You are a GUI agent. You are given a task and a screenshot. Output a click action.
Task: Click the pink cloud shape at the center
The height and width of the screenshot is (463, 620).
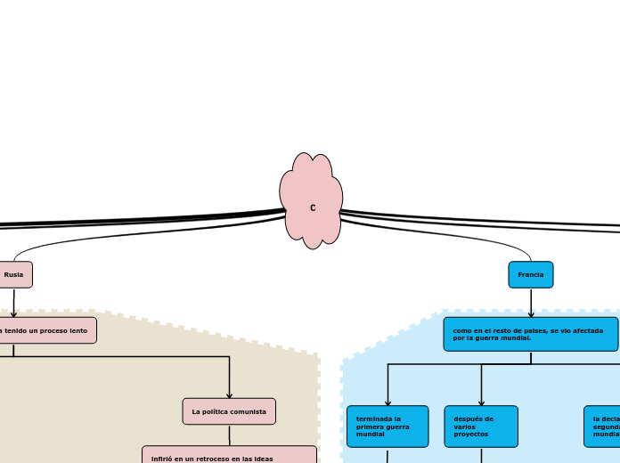(311, 201)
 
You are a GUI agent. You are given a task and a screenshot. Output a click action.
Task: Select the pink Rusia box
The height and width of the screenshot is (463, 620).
(14, 274)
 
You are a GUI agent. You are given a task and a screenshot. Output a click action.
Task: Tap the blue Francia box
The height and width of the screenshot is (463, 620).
(531, 274)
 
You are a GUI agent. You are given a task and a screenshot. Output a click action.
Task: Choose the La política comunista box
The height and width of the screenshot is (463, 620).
(229, 411)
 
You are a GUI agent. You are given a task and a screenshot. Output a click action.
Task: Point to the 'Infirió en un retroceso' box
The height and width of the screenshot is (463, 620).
(229, 456)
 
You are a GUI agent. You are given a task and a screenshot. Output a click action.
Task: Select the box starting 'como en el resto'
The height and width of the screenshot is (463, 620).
(530, 334)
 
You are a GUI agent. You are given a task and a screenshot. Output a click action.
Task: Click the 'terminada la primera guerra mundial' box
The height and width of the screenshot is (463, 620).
(387, 426)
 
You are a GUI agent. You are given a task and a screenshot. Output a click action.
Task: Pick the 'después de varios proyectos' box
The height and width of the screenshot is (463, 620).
(481, 426)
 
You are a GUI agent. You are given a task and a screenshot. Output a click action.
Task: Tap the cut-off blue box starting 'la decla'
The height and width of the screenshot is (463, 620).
(603, 426)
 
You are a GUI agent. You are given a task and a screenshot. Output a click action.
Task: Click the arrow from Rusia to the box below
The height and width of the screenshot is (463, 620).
(13, 303)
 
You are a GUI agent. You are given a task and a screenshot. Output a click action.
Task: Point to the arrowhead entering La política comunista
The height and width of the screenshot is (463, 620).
(229, 395)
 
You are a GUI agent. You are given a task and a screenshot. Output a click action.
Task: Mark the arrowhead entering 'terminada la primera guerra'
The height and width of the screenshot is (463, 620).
(387, 402)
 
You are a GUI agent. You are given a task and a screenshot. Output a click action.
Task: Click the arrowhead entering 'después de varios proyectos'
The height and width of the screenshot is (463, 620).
(481, 402)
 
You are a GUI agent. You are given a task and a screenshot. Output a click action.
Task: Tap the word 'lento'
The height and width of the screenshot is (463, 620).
(77, 330)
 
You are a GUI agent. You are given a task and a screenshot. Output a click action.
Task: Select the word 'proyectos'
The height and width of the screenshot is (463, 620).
(471, 434)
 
